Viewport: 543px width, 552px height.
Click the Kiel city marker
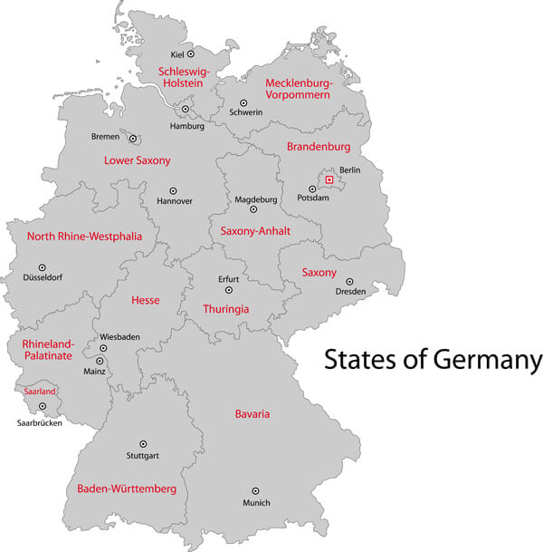(x=190, y=54)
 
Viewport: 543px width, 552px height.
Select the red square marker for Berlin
(x=329, y=179)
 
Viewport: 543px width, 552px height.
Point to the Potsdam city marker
(x=312, y=189)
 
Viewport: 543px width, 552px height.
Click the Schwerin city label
(x=245, y=112)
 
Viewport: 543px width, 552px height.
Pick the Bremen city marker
(x=133, y=139)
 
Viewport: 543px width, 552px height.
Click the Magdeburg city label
(x=255, y=199)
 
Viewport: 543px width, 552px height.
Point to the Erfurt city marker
(x=229, y=290)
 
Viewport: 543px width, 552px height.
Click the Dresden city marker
(x=349, y=282)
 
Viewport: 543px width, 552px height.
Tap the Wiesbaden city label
(x=119, y=336)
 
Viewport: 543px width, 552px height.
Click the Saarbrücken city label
(x=40, y=422)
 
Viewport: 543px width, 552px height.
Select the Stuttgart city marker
(x=143, y=443)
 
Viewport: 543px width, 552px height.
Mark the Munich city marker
(x=255, y=490)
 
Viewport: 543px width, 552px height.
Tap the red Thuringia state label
(x=225, y=309)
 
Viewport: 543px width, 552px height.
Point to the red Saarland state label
(x=40, y=391)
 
